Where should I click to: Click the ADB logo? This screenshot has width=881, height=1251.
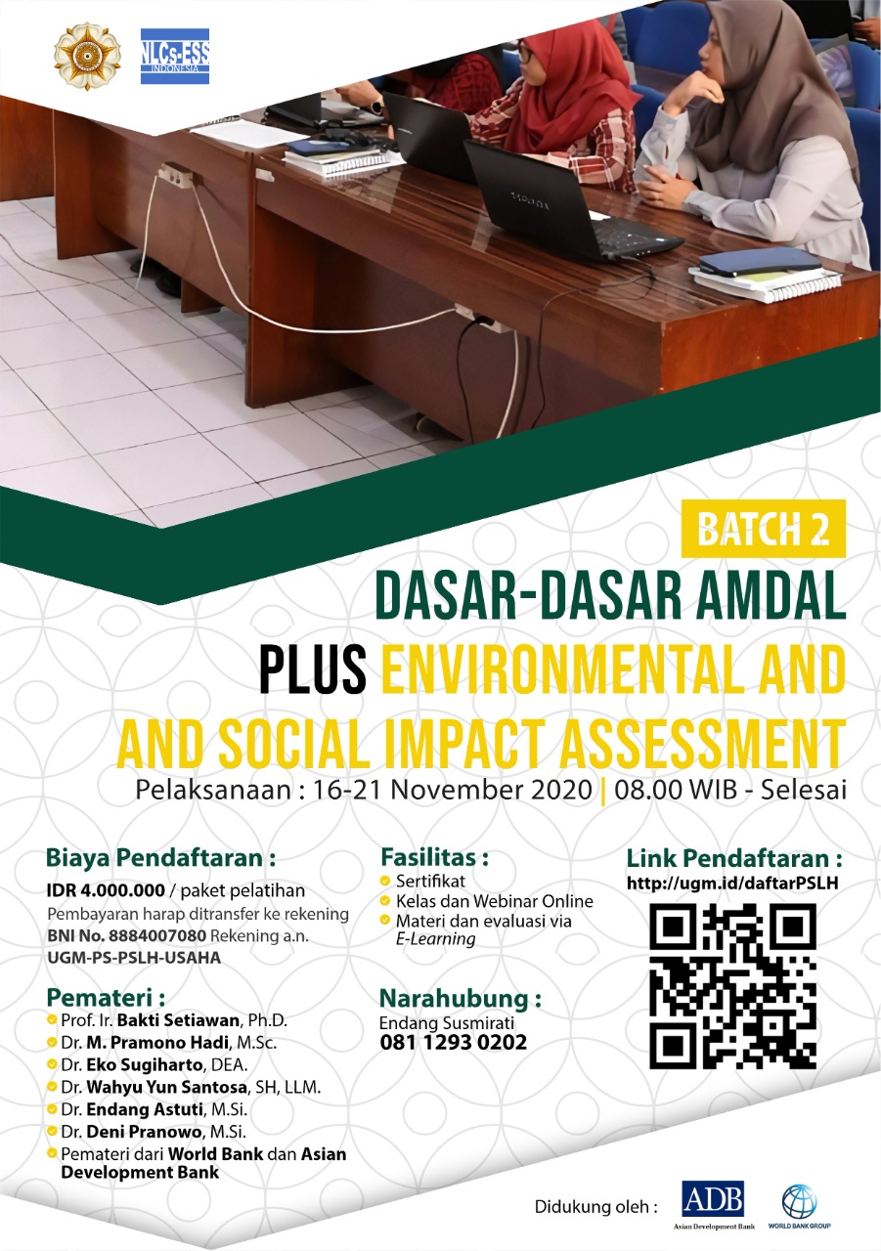[x=712, y=1199]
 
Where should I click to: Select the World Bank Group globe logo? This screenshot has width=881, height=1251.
[x=799, y=1200]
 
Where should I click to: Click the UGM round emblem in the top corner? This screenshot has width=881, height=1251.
[x=87, y=56]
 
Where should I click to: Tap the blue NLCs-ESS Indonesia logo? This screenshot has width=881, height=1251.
[x=174, y=56]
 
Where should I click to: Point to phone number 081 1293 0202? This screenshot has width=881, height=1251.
[x=453, y=1043]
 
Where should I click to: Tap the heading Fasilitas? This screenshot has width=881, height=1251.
[x=433, y=857]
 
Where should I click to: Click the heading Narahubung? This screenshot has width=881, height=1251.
[x=460, y=999]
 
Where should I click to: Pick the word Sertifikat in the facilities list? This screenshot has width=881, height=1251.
[x=430, y=881]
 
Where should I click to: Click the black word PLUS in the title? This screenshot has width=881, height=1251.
[x=313, y=673]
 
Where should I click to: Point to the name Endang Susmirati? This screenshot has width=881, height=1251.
[x=446, y=1022]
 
